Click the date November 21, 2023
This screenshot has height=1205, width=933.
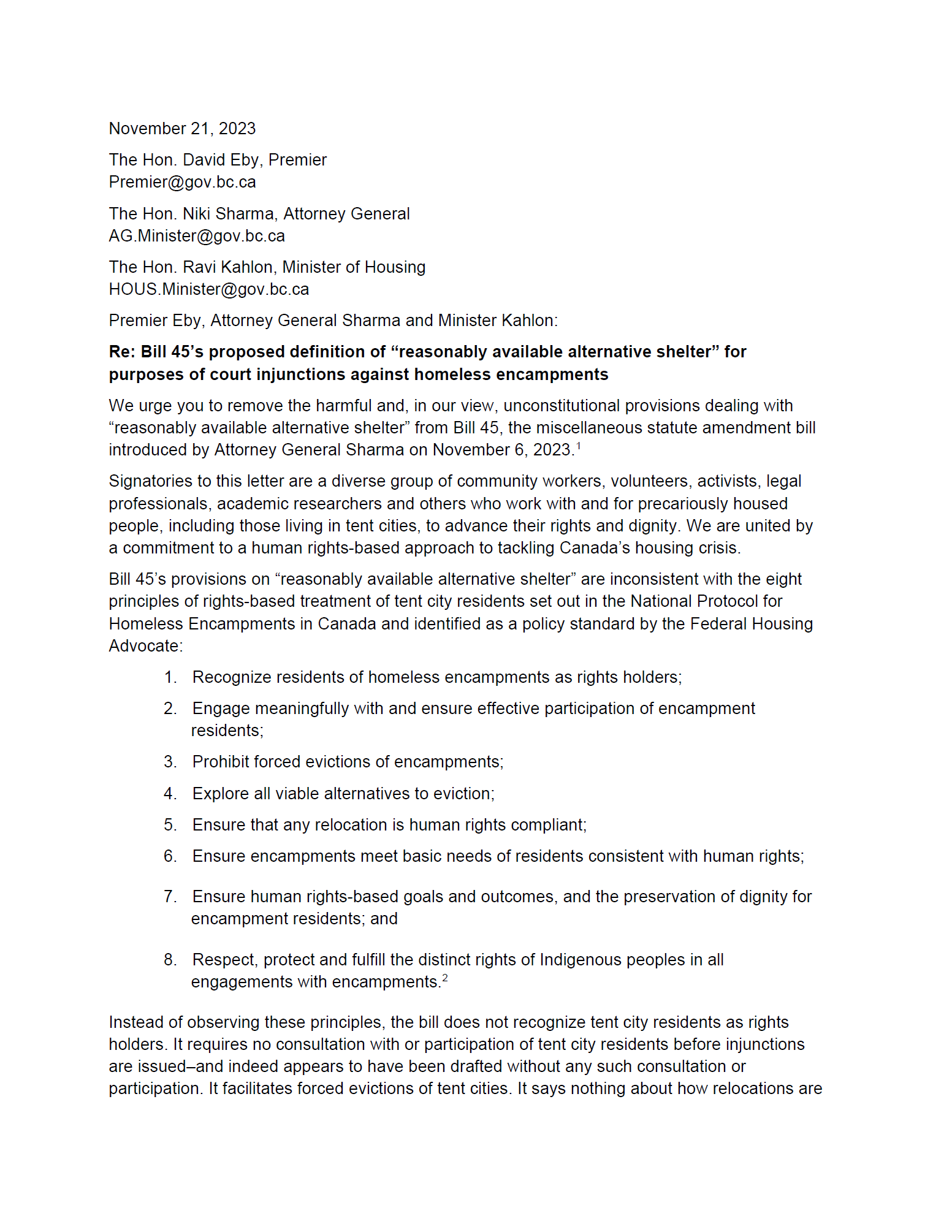(182, 129)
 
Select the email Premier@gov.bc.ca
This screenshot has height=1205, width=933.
(182, 182)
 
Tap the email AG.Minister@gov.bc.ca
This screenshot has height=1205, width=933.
(197, 236)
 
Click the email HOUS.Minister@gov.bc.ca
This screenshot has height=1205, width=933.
(208, 289)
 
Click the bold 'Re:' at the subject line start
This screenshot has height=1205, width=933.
(122, 352)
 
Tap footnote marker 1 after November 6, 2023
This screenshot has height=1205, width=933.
(579, 446)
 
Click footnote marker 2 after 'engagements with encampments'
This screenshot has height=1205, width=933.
(445, 978)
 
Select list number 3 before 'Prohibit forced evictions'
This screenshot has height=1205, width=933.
(170, 762)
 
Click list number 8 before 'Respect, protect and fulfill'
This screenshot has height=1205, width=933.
(170, 960)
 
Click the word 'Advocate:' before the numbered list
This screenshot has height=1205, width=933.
(146, 646)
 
